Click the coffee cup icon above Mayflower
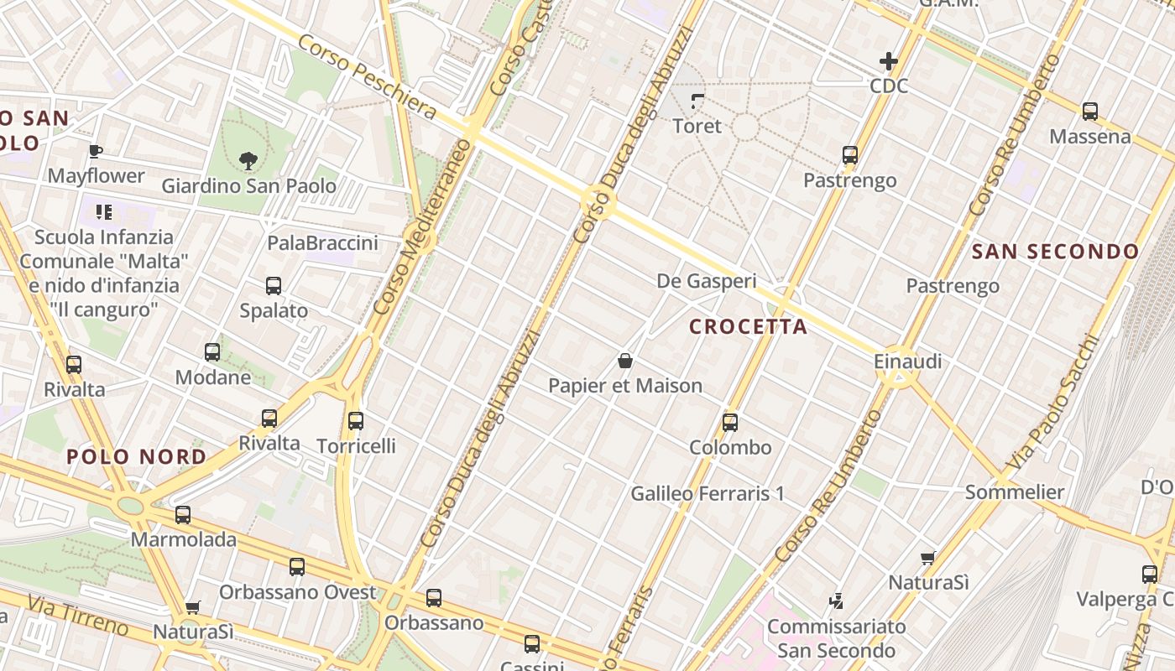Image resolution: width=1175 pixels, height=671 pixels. point(96,152)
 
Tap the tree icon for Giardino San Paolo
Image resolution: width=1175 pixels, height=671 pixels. point(248,159)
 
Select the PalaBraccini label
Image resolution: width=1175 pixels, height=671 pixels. point(322,243)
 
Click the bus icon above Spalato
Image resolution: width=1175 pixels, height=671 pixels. point(274,286)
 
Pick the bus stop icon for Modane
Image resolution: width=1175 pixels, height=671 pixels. point(212,352)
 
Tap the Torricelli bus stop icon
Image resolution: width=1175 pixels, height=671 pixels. point(356,421)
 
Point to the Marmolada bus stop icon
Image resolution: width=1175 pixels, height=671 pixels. point(183,515)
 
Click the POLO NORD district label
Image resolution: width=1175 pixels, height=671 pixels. point(136,457)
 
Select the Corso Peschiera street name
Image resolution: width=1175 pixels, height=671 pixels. point(367,76)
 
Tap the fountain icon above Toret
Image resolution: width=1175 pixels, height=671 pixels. point(697,102)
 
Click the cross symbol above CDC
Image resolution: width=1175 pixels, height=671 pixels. point(888,61)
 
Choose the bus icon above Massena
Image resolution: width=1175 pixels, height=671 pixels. point(1090,112)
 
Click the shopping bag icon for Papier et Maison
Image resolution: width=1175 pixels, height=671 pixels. point(625,362)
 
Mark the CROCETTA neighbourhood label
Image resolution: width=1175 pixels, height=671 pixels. point(749,327)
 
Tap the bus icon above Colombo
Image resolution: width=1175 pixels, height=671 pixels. point(730,423)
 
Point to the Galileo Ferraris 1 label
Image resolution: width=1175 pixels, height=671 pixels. point(708,493)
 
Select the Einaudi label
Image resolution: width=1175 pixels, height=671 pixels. point(907,362)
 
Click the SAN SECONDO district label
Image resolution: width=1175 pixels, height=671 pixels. point(1055,252)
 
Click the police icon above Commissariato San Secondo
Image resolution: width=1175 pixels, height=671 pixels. point(836,601)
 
